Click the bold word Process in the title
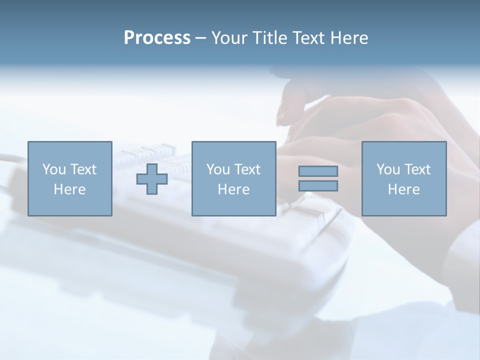coord(157,38)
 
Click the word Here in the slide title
coord(349,38)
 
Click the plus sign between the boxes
coord(152,179)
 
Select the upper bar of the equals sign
coord(318,171)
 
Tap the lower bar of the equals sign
coord(318,185)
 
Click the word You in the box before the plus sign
coord(54,169)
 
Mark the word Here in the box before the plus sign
coord(69,189)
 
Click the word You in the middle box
coord(218,169)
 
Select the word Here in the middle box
coord(233,189)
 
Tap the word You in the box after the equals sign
coord(388,169)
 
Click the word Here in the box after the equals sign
coord(403,189)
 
